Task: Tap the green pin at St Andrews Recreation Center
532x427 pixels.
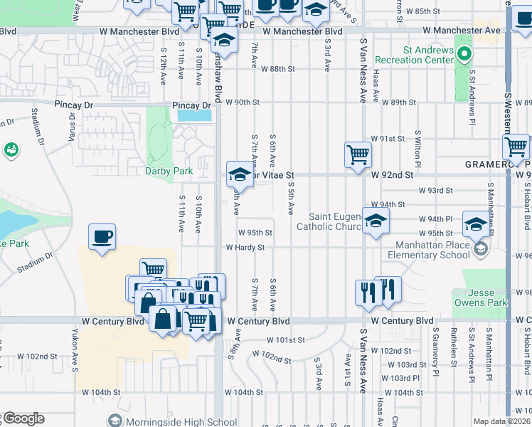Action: click(x=464, y=54)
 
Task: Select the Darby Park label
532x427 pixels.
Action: click(x=169, y=171)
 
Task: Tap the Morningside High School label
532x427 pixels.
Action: click(x=173, y=421)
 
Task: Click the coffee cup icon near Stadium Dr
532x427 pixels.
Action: click(x=102, y=238)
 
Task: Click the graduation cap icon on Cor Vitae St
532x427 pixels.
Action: click(x=240, y=174)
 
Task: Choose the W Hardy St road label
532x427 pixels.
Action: click(x=245, y=248)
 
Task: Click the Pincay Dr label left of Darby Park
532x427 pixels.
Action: click(x=74, y=105)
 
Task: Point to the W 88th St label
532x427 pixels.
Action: click(x=277, y=69)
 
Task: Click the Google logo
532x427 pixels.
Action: click(x=23, y=418)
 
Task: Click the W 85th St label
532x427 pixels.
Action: click(x=433, y=11)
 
